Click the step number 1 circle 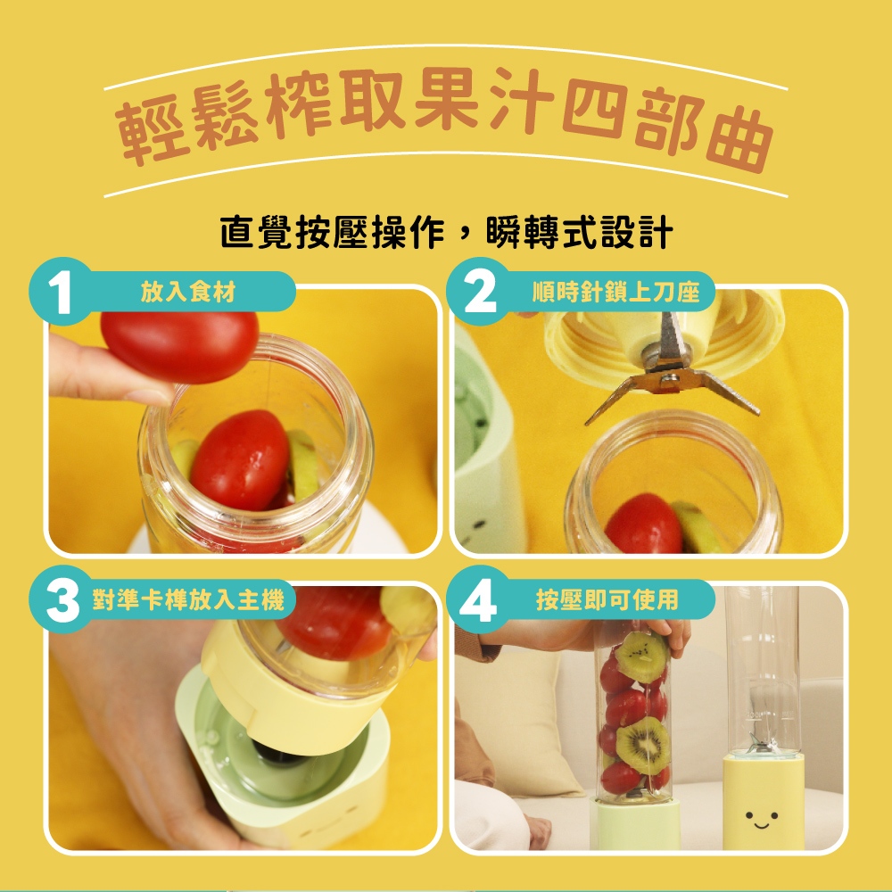(60, 292)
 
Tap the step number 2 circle (480, 292)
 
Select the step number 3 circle (62, 599)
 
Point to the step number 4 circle (478, 599)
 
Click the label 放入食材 (188, 292)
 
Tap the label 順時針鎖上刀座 (615, 292)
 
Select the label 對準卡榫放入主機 (188, 599)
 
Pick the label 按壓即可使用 (607, 599)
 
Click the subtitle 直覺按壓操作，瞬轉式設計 (447, 232)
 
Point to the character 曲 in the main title (739, 139)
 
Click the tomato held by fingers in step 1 (180, 346)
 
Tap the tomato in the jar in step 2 (644, 524)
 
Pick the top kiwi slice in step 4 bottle (642, 657)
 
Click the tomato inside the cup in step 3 (334, 623)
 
